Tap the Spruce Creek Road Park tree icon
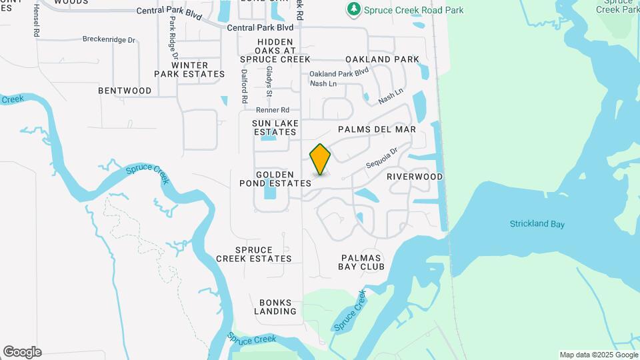[x=353, y=9]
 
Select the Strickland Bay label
[x=537, y=224]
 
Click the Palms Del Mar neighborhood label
[x=377, y=129]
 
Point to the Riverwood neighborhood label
[x=415, y=177]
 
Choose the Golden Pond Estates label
[x=275, y=178]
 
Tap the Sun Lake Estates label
[x=275, y=127]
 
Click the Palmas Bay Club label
[x=363, y=262]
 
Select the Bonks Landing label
[x=275, y=307]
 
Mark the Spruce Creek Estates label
[x=254, y=254]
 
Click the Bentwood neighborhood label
[x=125, y=91]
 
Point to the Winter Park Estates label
[x=189, y=69]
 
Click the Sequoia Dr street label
[x=381, y=158]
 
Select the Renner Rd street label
[x=275, y=109]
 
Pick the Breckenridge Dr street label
[x=109, y=39]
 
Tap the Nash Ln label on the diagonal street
[x=391, y=97]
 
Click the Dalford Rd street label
[x=245, y=86]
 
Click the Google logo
[x=22, y=352]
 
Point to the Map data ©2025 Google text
[x=599, y=355]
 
